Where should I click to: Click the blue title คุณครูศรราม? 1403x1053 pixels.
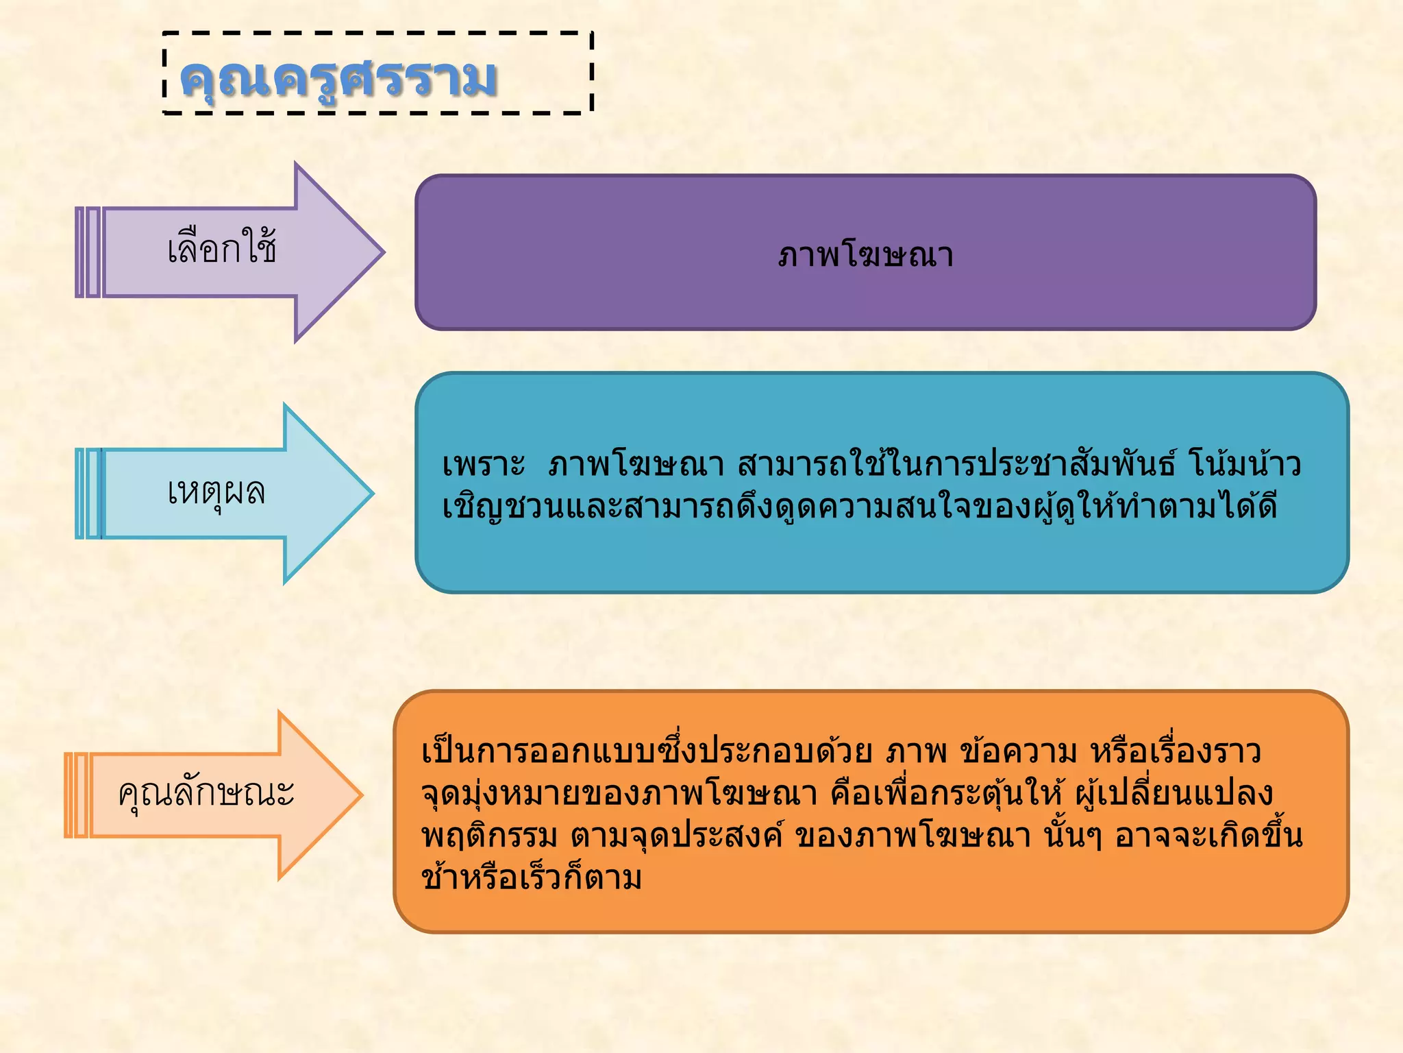pos(337,79)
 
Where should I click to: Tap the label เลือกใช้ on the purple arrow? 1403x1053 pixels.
pos(222,248)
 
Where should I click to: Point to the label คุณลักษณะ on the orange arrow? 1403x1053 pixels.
pos(206,794)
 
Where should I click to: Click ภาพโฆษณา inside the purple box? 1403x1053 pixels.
pos(865,255)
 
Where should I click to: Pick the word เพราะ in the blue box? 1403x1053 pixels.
pos(483,465)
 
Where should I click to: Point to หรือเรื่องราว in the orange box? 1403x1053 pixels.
pos(1176,752)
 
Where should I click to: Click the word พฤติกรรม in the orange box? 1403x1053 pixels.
pos(489,836)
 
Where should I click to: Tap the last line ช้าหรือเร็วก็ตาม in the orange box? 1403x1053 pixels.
pos(532,878)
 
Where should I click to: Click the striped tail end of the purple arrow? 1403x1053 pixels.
pos(88,252)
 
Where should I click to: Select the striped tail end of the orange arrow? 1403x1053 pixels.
pos(77,795)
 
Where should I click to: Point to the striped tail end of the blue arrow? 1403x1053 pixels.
pos(88,493)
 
